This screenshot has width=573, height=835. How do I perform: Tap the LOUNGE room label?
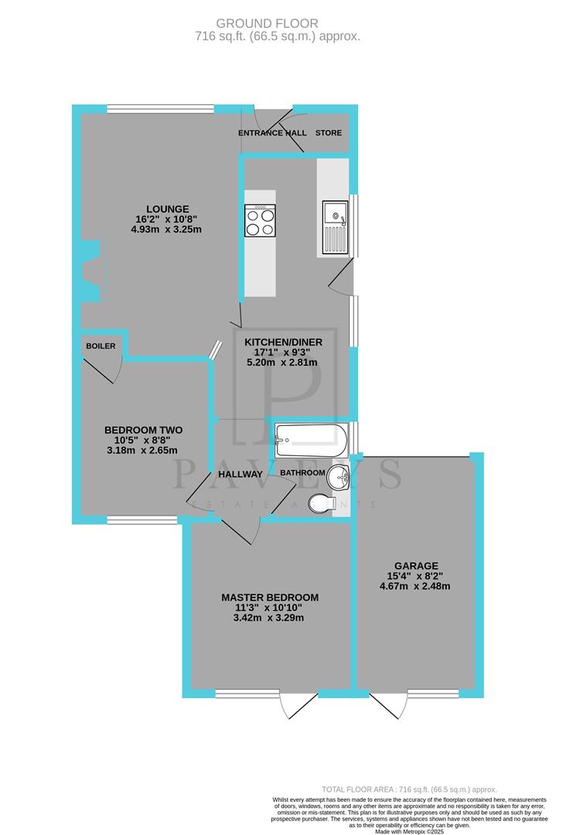[x=168, y=208]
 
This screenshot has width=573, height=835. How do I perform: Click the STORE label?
[x=328, y=133]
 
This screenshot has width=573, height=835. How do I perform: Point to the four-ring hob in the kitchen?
[x=260, y=220]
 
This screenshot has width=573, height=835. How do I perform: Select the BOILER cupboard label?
[x=101, y=346]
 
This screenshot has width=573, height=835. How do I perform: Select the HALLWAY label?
[x=240, y=474]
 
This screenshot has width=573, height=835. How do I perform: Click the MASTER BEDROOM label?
[x=269, y=598]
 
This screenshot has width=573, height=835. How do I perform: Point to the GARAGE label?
[x=414, y=565]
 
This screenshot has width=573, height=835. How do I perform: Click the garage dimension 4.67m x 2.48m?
[x=414, y=586]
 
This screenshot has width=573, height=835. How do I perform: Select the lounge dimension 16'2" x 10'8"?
[x=168, y=219]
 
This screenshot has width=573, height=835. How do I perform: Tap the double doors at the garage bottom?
[x=389, y=704]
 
